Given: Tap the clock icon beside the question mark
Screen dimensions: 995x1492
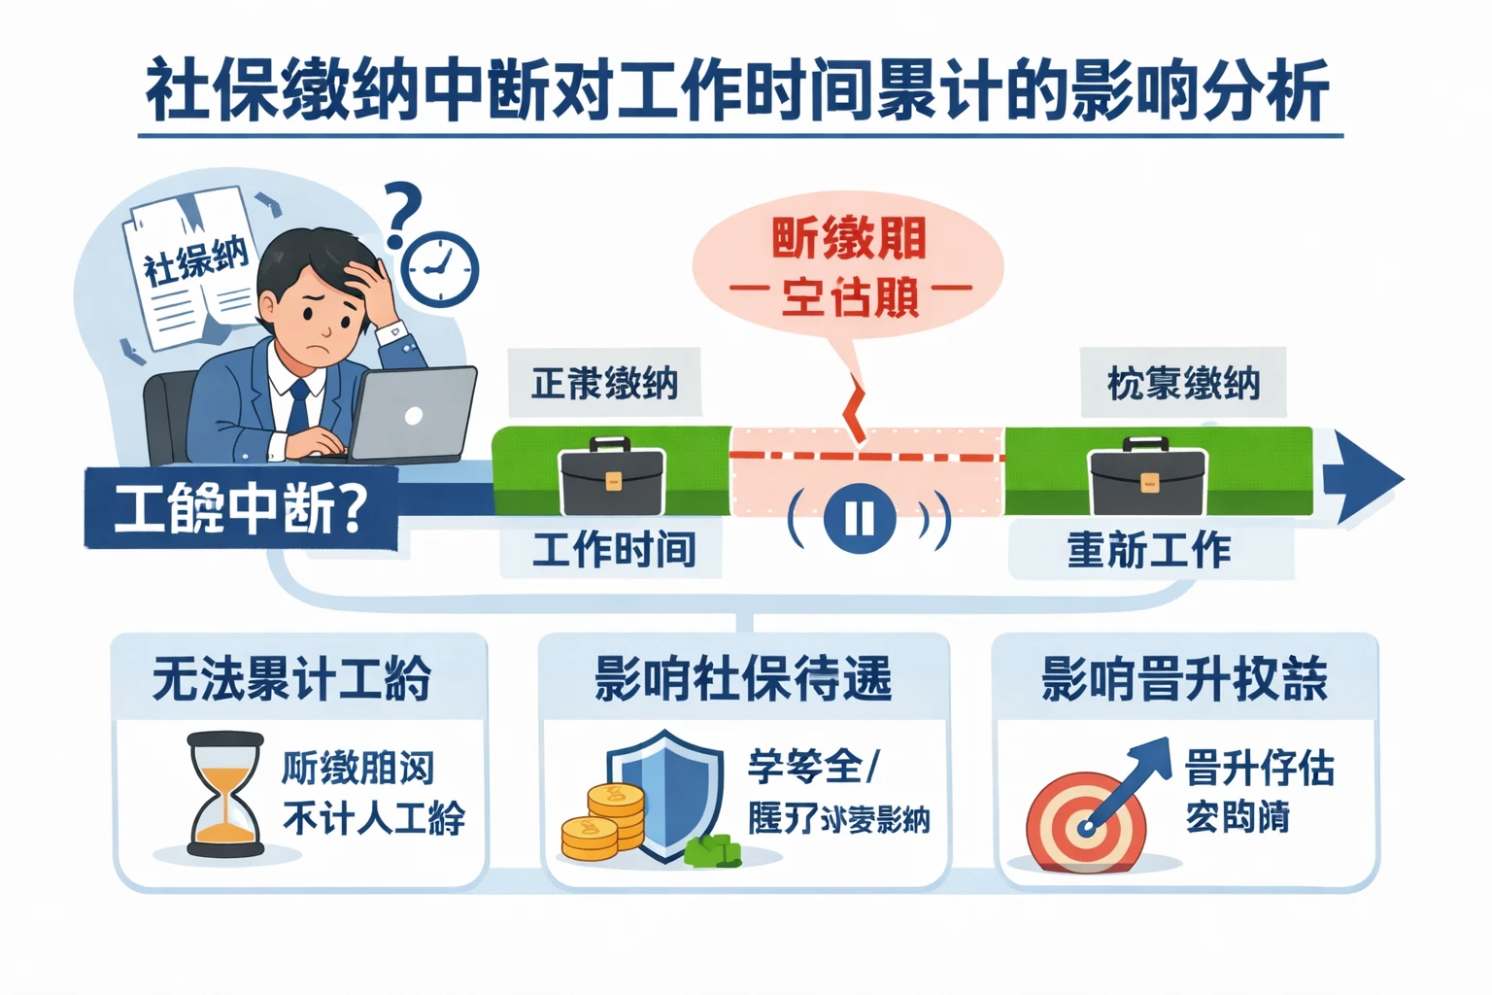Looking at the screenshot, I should pos(440,269).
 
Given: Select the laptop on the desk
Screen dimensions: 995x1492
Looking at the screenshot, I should pos(412,414).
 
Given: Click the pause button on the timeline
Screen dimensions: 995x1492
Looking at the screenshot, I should pos(860,517).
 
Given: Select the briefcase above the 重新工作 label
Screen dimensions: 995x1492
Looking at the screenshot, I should pos(1148,478).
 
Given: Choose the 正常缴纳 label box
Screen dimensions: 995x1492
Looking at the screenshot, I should pos(604,383).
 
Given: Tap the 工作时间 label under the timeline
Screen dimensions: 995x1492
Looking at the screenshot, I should pos(612,550).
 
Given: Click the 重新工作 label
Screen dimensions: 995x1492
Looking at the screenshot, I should pos(1150,550).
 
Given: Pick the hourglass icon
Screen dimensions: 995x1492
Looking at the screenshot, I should pos(225,795).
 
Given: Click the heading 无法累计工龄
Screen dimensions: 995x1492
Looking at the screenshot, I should pos(292,678).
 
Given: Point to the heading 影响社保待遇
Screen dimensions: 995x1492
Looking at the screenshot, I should pos(743,678).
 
